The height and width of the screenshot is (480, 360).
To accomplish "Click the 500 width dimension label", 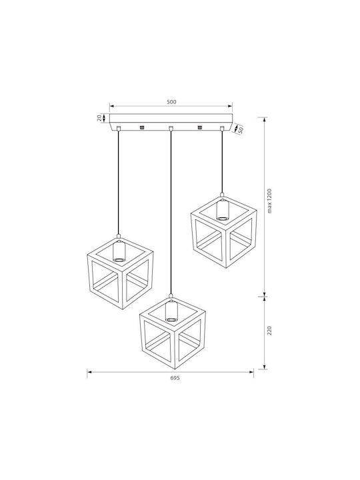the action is coord(171,102).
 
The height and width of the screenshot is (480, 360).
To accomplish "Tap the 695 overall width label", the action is coord(175,378).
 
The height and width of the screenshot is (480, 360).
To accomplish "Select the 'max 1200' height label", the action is coord(269,201).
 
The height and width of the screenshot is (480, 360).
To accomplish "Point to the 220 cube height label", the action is coord(269,331).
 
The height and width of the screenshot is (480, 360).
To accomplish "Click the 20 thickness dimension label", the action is coord(99,118).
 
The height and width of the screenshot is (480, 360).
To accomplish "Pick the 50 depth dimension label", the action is coord(240,130).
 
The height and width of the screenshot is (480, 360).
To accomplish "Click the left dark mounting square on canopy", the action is coord(142,127).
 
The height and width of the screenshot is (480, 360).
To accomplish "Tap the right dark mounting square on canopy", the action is coord(200,127).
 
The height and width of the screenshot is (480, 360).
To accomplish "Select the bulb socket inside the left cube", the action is coord(119,251).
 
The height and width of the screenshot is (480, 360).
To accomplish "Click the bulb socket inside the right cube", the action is coord(222,209).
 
